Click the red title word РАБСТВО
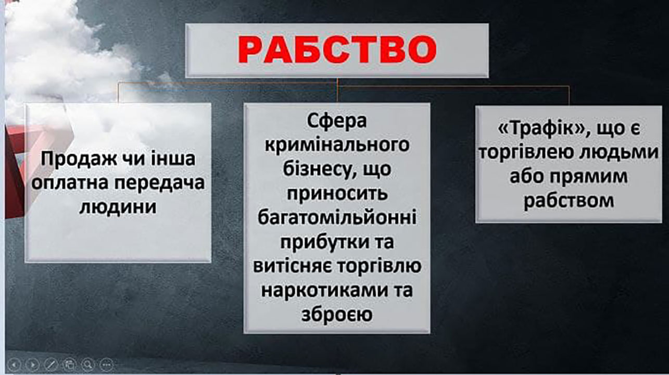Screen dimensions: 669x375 (x=337, y=49)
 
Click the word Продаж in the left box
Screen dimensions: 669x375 (x=79, y=159)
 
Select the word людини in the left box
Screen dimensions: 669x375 (x=118, y=206)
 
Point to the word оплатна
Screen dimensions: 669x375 (x=70, y=183)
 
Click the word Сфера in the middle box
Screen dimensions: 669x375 (x=337, y=121)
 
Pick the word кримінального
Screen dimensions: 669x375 (x=337, y=145)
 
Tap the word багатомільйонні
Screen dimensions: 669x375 (x=337, y=218)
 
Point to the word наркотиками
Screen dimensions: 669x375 (x=324, y=291)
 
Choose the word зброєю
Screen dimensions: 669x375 (x=337, y=315)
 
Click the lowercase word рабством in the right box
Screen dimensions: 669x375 (x=569, y=201)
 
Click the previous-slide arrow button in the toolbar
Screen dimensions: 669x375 (x=14, y=365)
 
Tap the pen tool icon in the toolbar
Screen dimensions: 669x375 (x=51, y=365)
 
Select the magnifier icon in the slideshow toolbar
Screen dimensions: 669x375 (x=88, y=365)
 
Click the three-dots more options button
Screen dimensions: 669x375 (x=106, y=365)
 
